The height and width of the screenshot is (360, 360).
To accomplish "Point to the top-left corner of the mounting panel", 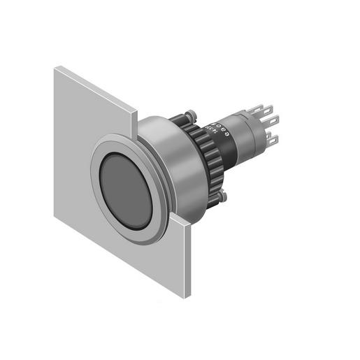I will pos(57,66).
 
